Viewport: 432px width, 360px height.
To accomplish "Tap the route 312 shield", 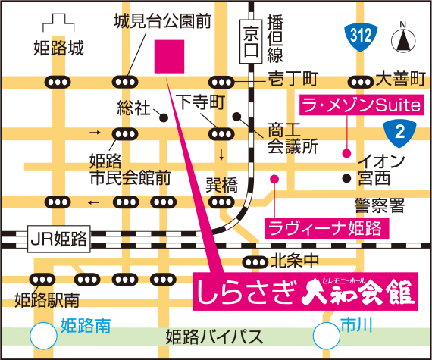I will (x=361, y=35).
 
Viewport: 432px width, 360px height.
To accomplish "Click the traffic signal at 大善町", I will (x=359, y=81).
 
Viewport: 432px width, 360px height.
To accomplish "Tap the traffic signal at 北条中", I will (x=253, y=261).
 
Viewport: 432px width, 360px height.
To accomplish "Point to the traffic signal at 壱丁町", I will (x=222, y=81).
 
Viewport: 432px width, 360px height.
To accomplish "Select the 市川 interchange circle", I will (x=326, y=332).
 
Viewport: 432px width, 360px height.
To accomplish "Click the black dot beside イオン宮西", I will (x=346, y=179).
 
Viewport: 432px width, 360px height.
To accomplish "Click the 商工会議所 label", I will (x=292, y=137).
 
